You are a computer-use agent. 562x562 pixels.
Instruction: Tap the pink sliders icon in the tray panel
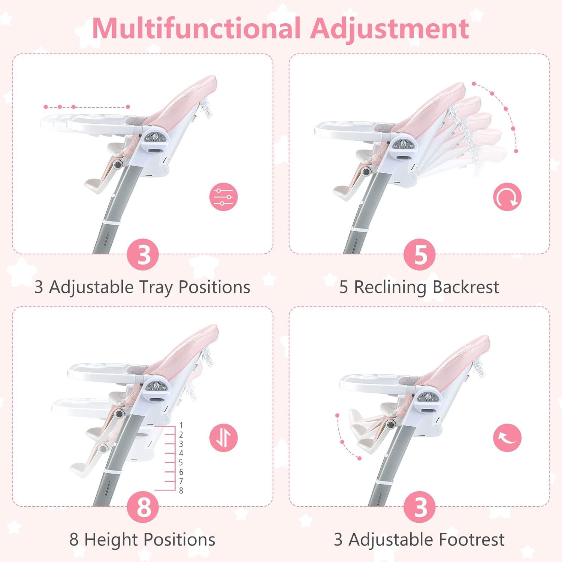click(x=224, y=197)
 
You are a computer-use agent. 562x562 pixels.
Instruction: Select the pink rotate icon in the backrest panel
click(x=507, y=197)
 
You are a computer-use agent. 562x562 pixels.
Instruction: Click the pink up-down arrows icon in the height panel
click(x=224, y=438)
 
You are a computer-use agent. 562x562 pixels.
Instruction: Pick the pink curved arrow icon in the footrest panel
click(x=507, y=438)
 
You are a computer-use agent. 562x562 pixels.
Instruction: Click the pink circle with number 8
click(x=144, y=507)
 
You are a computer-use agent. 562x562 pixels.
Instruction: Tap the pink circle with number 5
click(x=420, y=254)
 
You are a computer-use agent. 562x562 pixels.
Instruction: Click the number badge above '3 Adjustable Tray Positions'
click(x=144, y=254)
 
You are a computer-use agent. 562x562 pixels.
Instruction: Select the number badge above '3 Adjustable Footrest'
click(x=420, y=507)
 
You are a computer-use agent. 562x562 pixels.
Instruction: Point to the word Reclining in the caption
click(x=390, y=287)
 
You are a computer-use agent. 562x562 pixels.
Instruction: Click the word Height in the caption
click(x=111, y=540)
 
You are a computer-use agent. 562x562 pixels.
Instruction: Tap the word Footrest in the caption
click(x=472, y=540)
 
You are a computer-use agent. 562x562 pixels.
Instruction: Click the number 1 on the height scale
click(x=181, y=426)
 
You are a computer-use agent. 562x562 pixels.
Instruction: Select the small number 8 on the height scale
click(x=181, y=491)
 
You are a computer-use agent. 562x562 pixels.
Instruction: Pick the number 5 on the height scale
click(x=181, y=463)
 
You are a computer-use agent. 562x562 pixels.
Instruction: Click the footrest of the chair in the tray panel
click(x=96, y=185)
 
